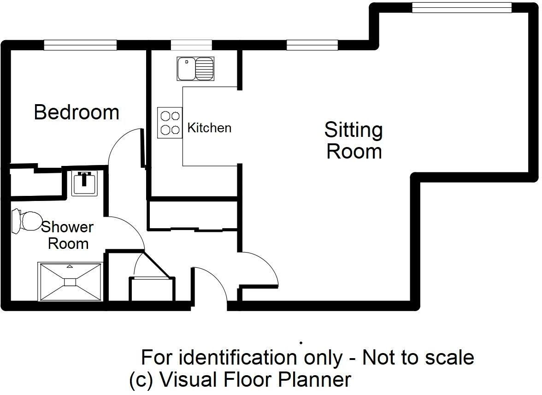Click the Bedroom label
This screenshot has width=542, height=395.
(77, 112)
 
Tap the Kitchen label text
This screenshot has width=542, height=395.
(209, 128)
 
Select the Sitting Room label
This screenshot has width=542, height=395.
(354, 141)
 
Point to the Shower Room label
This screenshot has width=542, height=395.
(68, 235)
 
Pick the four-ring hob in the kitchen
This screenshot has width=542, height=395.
(170, 123)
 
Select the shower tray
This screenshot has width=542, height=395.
(70, 282)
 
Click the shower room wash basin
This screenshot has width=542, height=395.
(85, 183)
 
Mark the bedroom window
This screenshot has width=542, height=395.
(81, 45)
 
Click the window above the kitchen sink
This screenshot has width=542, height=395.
(191, 45)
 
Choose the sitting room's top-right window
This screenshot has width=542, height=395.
(462, 7)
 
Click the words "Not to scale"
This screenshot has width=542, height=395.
(418, 357)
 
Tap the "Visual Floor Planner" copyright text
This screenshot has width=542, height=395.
(255, 380)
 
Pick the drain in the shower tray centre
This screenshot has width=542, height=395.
(70, 282)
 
